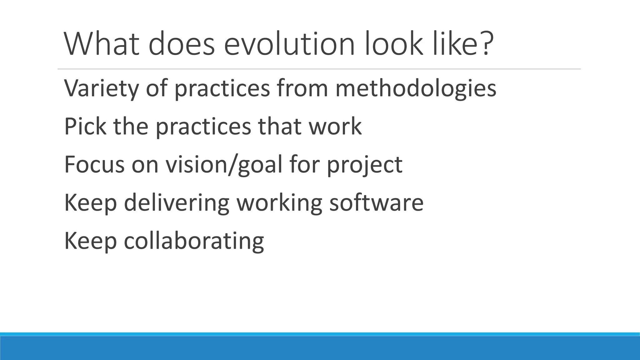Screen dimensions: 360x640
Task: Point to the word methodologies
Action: point(416,89)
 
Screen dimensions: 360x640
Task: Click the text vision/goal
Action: point(224,165)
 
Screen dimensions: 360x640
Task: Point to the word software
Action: point(376,202)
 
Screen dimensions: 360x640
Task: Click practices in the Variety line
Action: point(222,89)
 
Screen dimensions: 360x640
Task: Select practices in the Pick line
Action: point(203,127)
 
